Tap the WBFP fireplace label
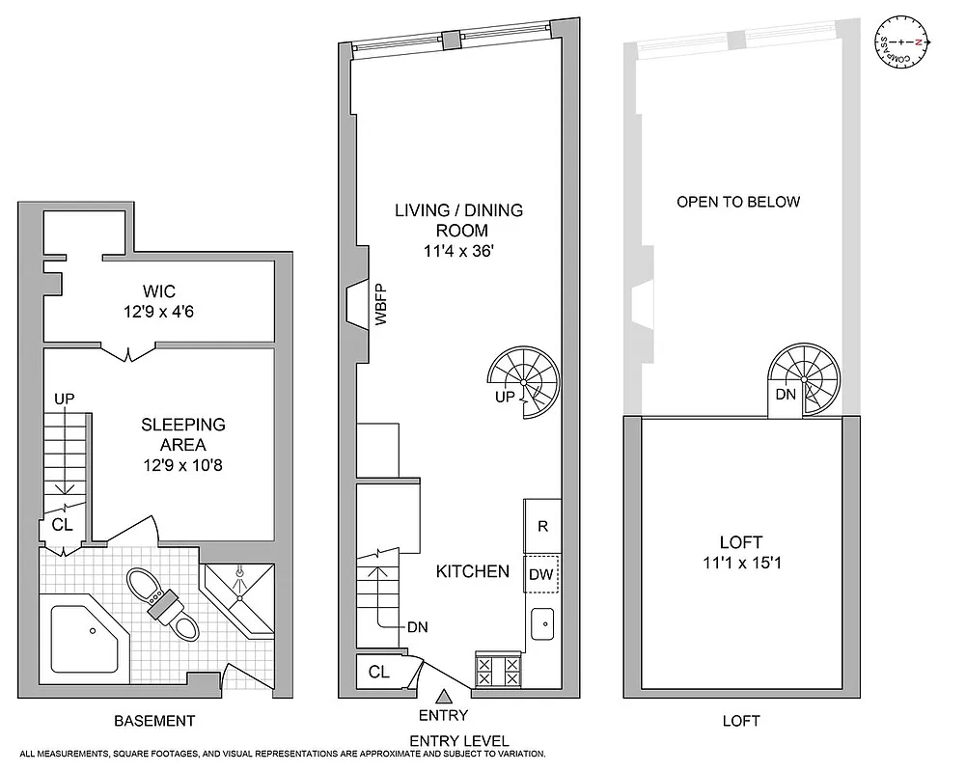tap(380, 305)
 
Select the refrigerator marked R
tap(542, 526)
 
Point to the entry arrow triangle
tap(443, 696)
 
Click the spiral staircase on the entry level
tap(526, 383)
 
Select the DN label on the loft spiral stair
tap(787, 396)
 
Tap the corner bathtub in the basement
tap(85, 638)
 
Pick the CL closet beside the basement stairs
tap(61, 526)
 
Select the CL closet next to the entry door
tap(379, 672)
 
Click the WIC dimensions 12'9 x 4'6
tap(159, 312)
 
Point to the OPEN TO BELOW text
tap(738, 202)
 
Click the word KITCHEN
tap(473, 571)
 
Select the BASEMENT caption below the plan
tap(154, 721)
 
